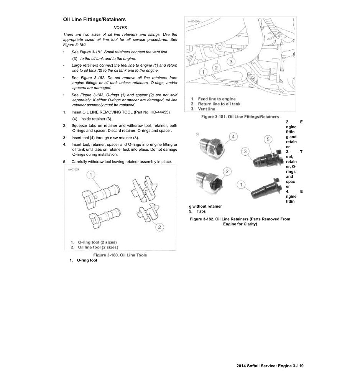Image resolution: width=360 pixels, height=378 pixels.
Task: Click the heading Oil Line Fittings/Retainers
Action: tap(94, 19)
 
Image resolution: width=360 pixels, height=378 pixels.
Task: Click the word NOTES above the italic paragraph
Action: tap(120, 28)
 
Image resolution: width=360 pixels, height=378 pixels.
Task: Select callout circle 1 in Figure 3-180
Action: tap(90, 175)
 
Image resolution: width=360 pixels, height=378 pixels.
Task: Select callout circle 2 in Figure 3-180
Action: tap(159, 227)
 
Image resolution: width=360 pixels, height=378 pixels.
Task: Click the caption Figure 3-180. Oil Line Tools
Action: tap(120, 255)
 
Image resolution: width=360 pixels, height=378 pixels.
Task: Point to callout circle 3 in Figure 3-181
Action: tap(231, 61)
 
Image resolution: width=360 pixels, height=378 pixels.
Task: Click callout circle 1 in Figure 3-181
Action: tap(203, 72)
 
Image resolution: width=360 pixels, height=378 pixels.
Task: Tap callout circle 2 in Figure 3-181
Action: tap(216, 67)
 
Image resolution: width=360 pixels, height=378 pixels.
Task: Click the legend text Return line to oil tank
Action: tap(219, 104)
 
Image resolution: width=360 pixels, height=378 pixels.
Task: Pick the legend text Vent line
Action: tap(206, 109)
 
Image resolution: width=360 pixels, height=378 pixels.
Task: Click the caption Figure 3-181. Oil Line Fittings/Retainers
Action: tap(240, 117)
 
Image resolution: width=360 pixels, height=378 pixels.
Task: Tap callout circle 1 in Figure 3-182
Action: tap(241, 185)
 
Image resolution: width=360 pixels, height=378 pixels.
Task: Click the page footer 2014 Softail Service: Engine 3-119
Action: tap(270, 366)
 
